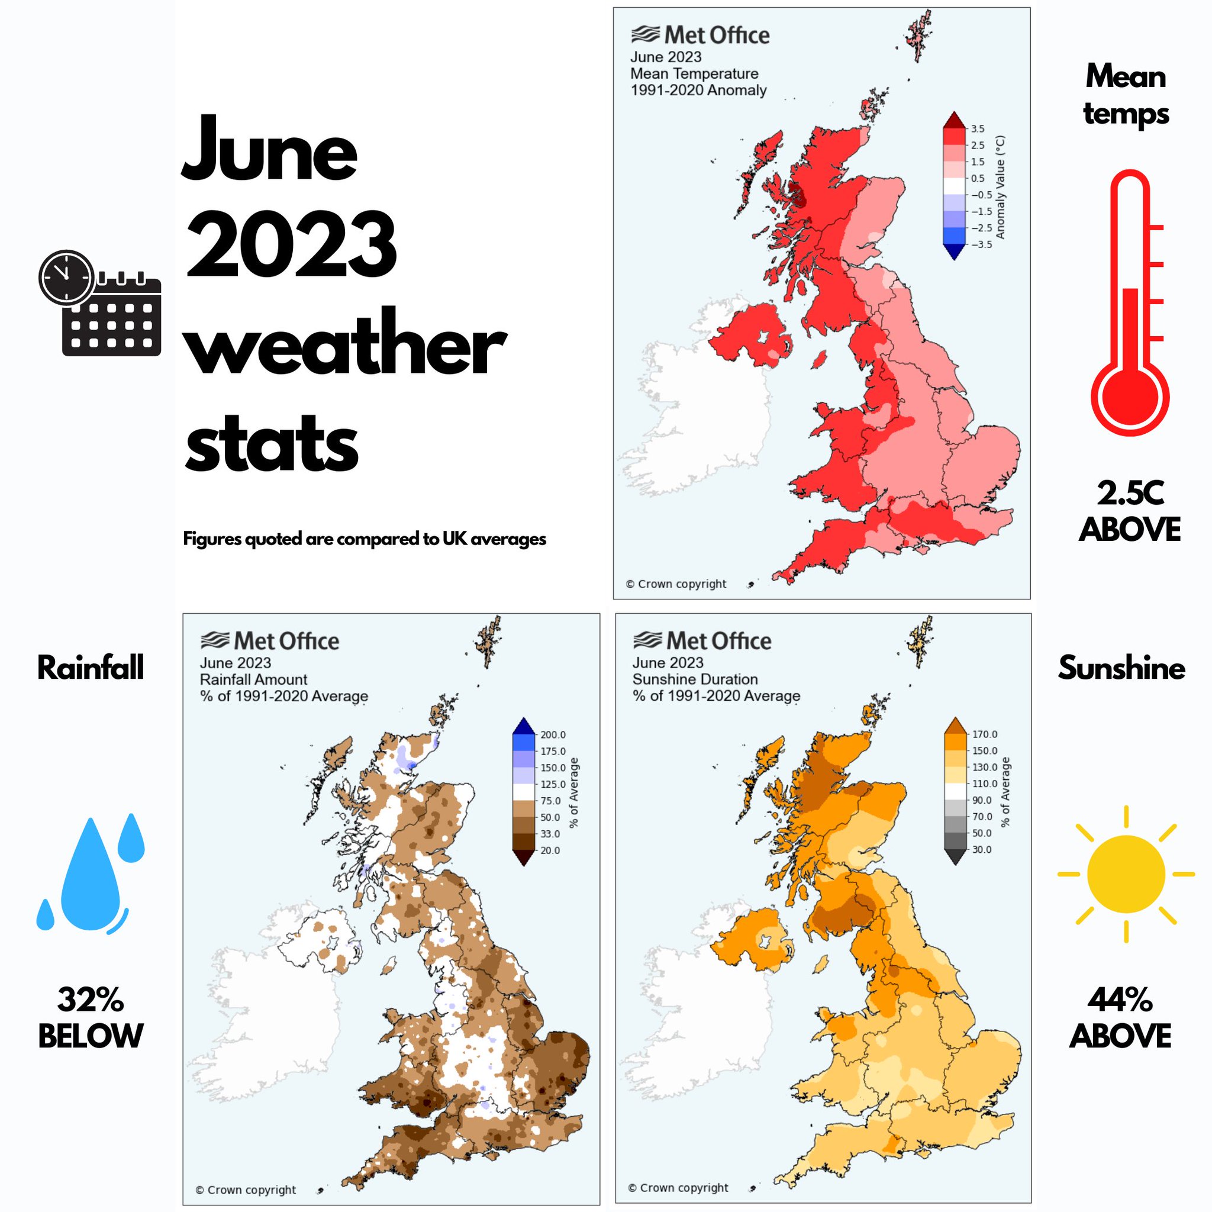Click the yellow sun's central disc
1126,874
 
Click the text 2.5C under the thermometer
1130,494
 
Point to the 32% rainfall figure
91,1000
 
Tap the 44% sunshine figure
1120,1000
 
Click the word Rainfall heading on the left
91,668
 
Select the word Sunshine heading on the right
1121,668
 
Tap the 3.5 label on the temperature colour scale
978,129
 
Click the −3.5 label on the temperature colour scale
981,244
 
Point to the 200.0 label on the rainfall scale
553,734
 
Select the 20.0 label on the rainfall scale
550,850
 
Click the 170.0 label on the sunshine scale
984,734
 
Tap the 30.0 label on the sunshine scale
981,849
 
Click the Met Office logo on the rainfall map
270,641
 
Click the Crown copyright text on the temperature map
676,584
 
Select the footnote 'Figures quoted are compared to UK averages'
365,539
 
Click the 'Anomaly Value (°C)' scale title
1001,187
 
